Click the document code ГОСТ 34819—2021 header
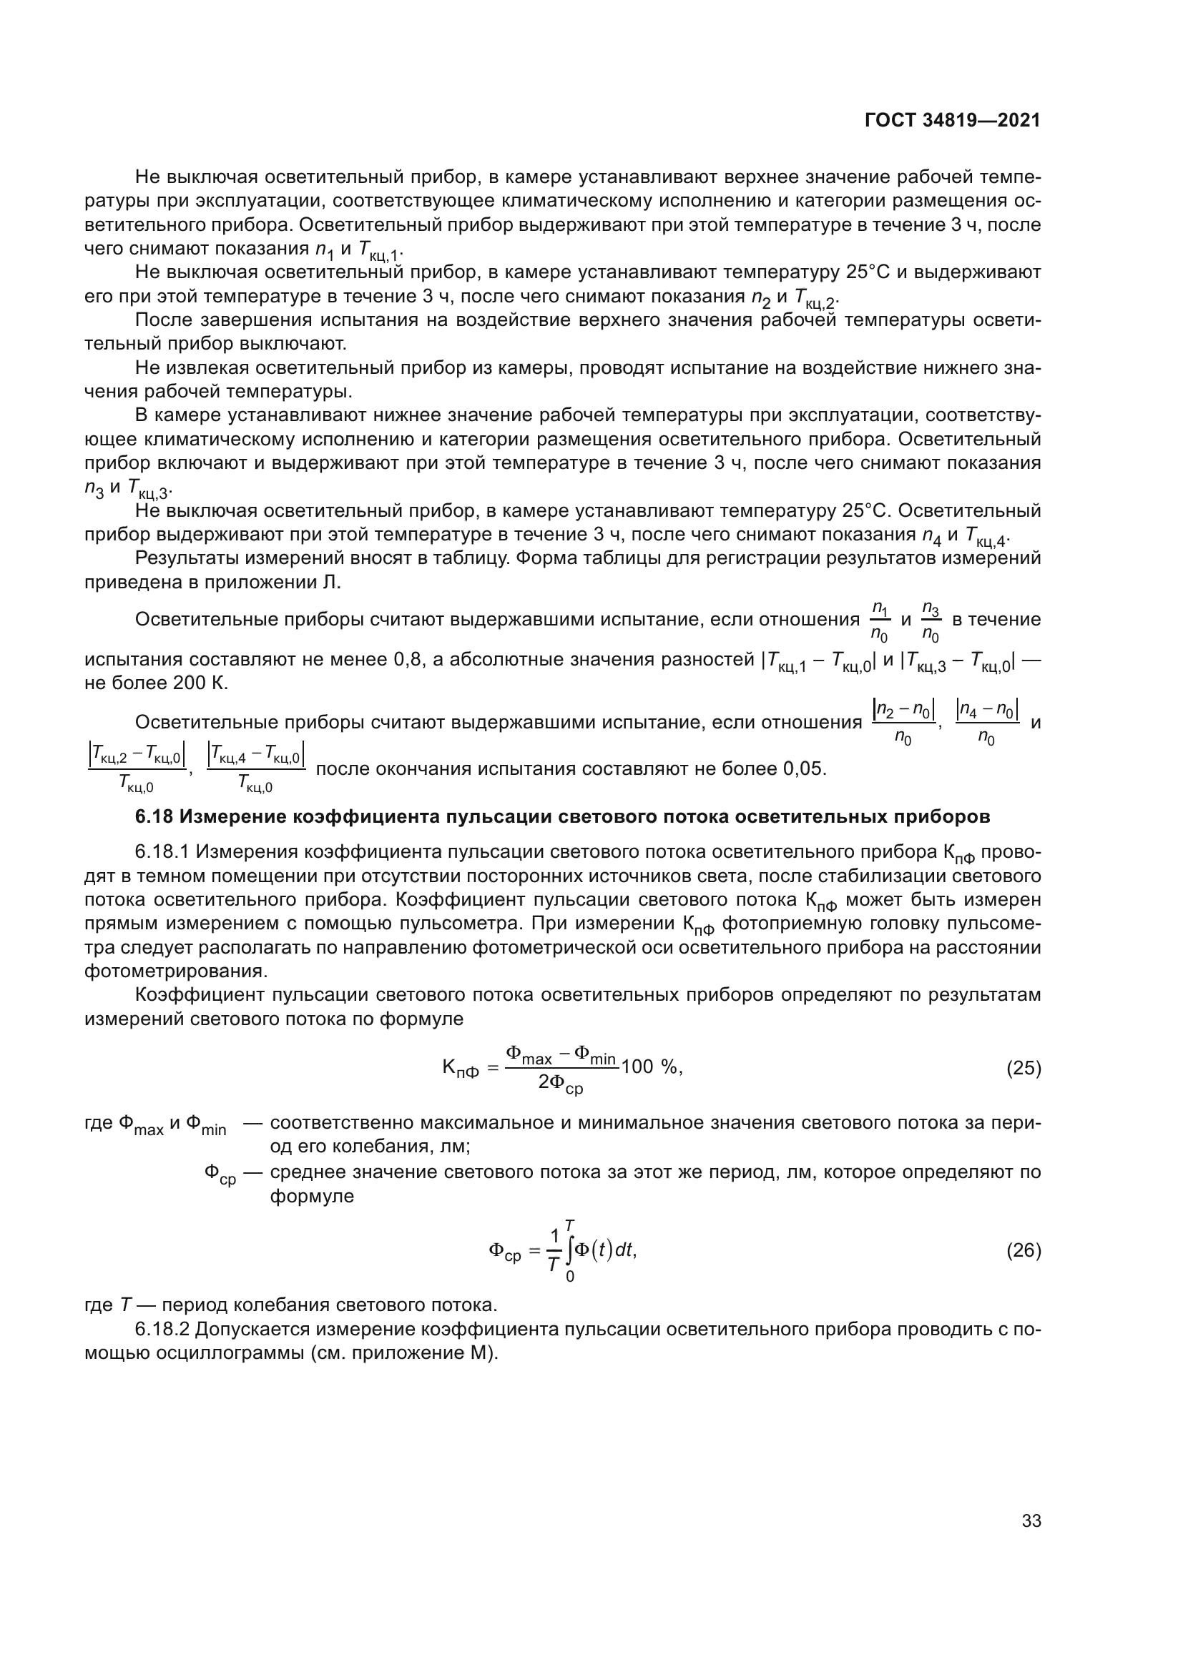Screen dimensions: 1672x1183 tap(952, 120)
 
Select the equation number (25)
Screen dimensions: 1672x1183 tap(1024, 1068)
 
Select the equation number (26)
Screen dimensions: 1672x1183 tap(1024, 1250)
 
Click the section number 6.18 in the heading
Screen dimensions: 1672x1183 tap(154, 817)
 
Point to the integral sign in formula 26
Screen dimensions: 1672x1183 tap(569, 1250)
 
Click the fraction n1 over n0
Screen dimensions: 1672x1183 tap(880, 621)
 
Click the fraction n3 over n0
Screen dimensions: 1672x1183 tap(931, 621)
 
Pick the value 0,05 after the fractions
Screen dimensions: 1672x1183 tap(804, 769)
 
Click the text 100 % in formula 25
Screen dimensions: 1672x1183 tap(649, 1067)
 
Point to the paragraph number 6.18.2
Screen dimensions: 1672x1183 tap(162, 1330)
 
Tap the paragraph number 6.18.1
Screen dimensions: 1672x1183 tap(162, 852)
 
